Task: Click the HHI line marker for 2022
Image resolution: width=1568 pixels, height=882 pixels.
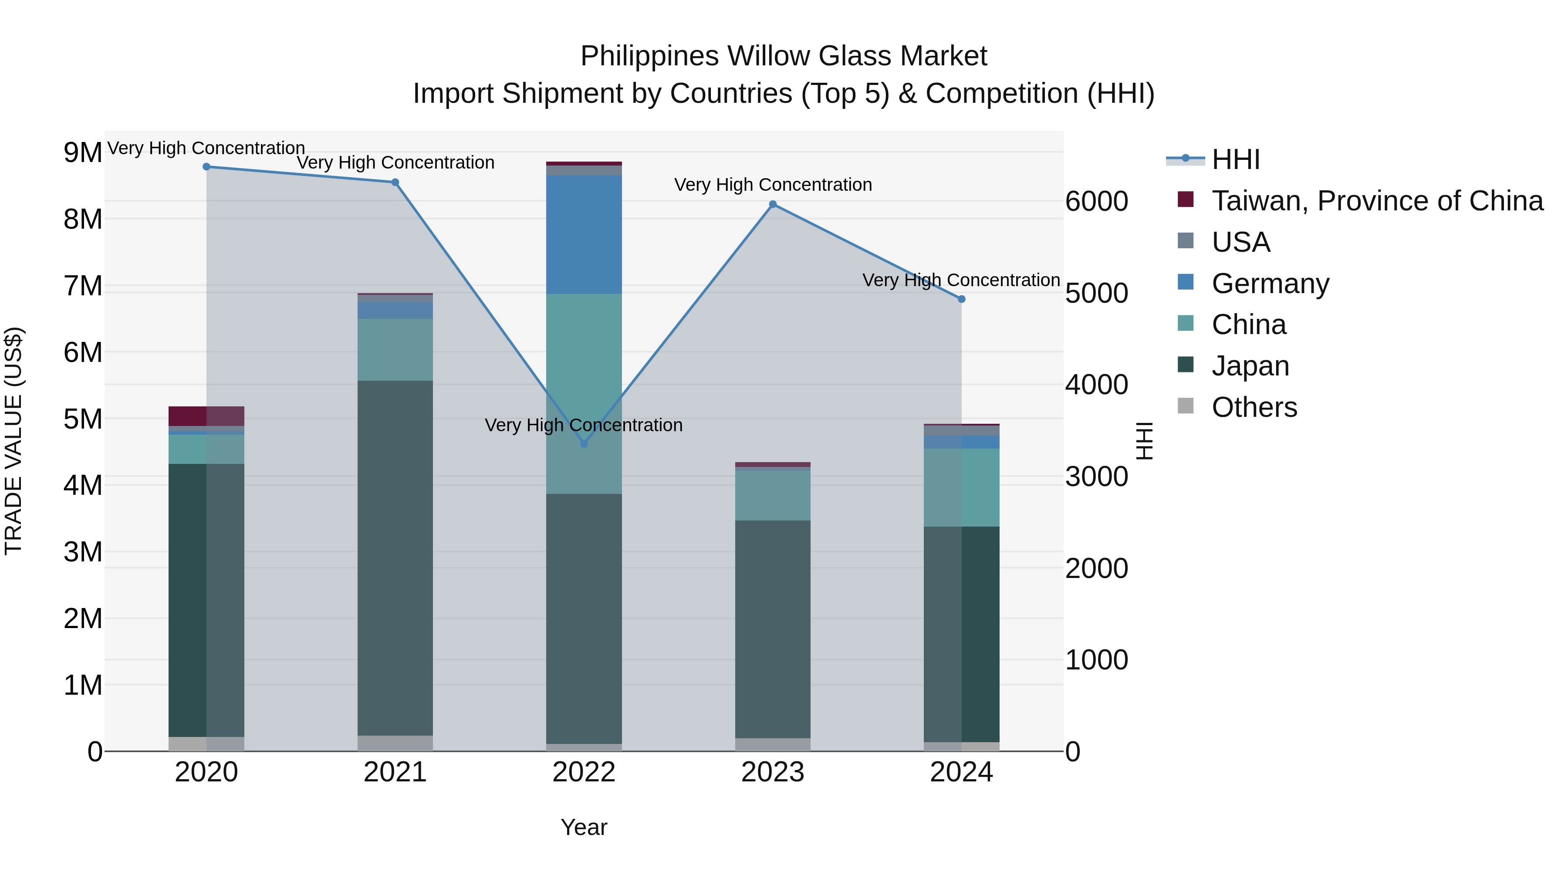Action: tap(584, 444)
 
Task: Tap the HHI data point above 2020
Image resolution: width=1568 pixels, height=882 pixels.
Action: tap(206, 167)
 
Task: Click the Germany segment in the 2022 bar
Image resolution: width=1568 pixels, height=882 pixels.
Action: tap(584, 234)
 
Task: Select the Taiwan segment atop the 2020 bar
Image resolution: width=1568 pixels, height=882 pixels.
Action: tap(206, 416)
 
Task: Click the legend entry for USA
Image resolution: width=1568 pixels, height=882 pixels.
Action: tap(1240, 242)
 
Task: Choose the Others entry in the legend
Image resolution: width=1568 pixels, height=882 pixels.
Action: tap(1254, 407)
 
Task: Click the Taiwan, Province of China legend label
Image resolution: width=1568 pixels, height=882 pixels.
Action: tap(1377, 201)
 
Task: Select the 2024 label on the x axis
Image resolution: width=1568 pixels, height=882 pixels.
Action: tap(961, 772)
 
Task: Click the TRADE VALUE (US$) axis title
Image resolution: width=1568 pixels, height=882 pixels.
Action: tap(14, 441)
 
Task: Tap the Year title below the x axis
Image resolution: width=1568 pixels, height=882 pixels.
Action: tap(584, 827)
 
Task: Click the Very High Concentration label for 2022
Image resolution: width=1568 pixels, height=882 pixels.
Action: tap(583, 425)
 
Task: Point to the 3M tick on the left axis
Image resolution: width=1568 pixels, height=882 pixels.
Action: tap(83, 552)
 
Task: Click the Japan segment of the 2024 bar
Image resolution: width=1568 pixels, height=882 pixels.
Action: tap(961, 633)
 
